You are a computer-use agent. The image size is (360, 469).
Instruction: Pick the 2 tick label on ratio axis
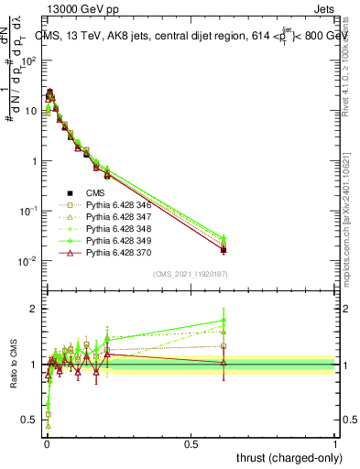click(x=33, y=309)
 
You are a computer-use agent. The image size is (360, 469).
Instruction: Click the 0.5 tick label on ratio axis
click(x=29, y=420)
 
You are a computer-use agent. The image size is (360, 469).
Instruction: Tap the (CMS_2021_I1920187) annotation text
click(x=191, y=274)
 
